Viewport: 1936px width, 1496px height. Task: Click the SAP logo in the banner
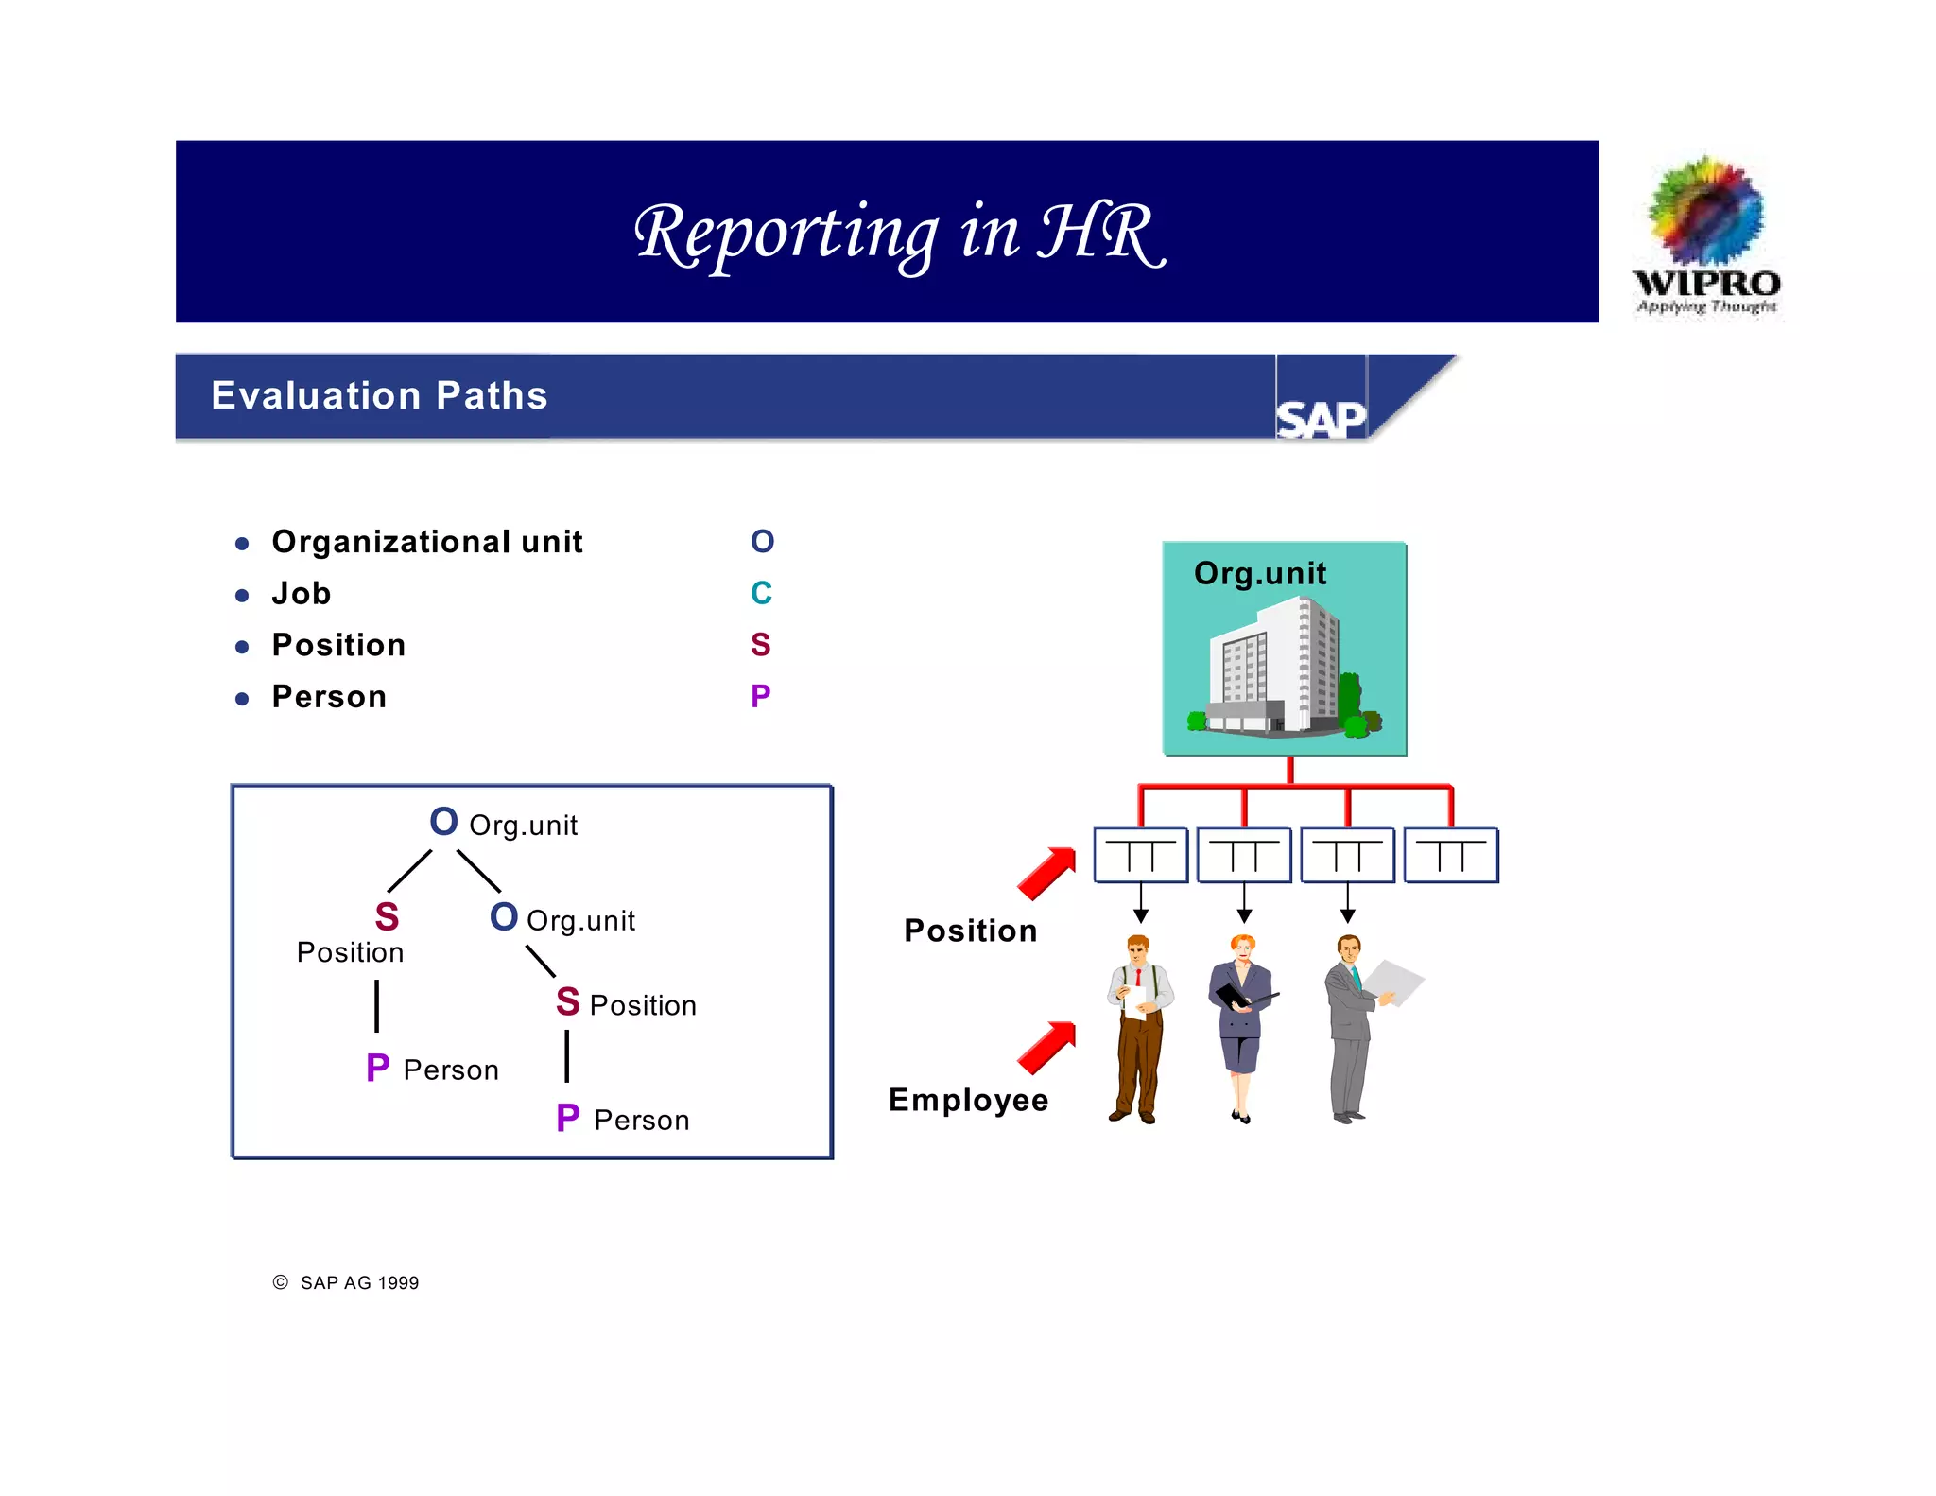tap(1321, 418)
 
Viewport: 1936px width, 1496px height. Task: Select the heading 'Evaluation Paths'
tap(379, 395)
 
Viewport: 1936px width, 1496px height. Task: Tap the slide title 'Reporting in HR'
tap(899, 233)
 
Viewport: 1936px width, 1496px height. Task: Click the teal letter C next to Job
tap(761, 593)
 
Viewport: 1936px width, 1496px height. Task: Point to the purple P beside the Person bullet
tap(761, 696)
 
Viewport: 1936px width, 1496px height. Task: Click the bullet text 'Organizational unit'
tap(427, 542)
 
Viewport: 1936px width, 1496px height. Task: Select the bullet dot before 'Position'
tap(242, 648)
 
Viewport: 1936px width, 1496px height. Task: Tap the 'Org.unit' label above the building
tap(1260, 573)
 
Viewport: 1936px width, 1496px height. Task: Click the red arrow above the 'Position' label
tap(1047, 872)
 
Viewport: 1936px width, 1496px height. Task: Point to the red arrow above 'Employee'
tap(1047, 1047)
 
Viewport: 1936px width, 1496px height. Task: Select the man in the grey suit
tap(1350, 1026)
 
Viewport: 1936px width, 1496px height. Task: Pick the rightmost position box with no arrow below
tap(1451, 855)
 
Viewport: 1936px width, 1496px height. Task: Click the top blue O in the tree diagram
tap(443, 822)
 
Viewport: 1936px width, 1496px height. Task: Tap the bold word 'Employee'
tap(968, 1100)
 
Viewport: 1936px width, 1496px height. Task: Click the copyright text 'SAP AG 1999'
tap(359, 1283)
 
